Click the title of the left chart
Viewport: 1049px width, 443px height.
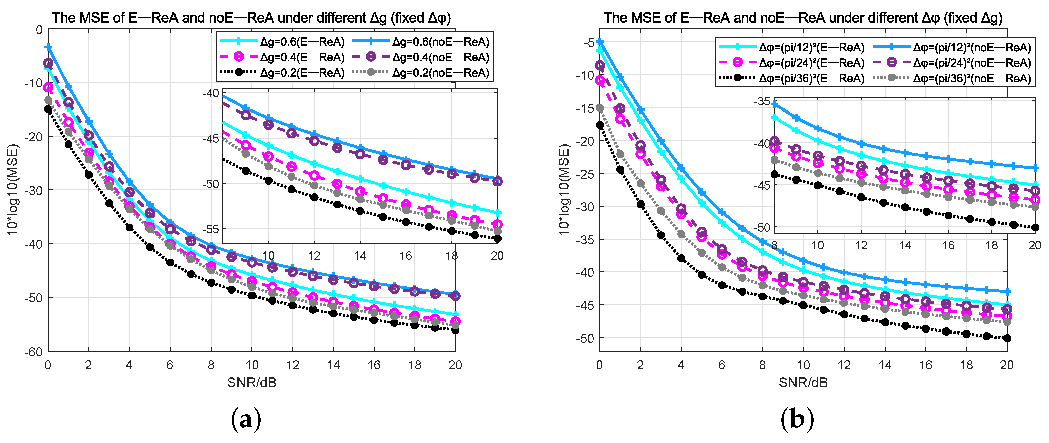tap(251, 18)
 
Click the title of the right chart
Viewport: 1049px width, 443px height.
tap(803, 18)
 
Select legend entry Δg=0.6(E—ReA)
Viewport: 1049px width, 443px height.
tap(302, 42)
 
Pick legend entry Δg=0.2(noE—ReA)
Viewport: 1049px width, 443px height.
tap(441, 73)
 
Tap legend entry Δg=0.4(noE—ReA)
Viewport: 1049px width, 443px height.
tap(441, 57)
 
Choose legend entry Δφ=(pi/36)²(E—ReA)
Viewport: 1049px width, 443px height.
tap(811, 79)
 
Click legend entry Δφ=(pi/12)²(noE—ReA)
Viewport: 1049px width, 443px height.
tap(972, 48)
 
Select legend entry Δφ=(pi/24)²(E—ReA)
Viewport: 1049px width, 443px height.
tap(811, 63)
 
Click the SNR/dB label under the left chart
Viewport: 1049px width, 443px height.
tap(251, 382)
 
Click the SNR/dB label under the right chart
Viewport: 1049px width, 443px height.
tap(803, 382)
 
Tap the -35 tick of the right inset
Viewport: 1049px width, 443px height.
tap(762, 101)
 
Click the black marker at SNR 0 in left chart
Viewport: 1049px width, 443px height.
tap(48, 109)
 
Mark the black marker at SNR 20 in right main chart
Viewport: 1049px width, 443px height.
tap(1007, 338)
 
